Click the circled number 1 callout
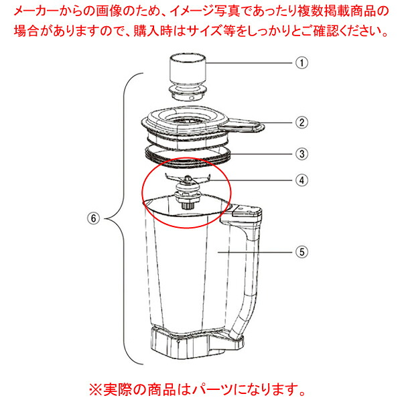[301, 63]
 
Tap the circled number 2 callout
[301, 123]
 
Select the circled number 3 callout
[301, 154]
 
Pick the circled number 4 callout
[301, 180]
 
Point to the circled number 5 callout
[301, 252]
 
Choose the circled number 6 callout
[94, 218]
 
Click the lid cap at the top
[188, 77]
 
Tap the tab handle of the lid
[243, 126]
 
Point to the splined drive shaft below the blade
[188, 206]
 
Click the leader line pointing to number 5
[255, 253]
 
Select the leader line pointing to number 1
[249, 63]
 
